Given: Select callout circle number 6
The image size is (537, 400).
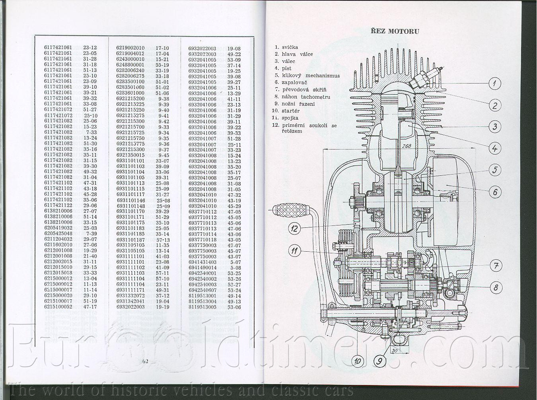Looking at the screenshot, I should point(495,192).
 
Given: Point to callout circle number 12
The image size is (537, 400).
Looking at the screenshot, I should point(295,228).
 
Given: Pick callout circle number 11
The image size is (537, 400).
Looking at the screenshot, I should point(295,251).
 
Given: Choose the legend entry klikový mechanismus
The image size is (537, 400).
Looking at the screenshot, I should point(311,76).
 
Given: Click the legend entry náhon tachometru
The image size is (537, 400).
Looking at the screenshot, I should point(306,97).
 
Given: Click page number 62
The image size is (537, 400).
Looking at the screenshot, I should point(144,361).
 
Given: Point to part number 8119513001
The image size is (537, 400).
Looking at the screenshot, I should point(202,296).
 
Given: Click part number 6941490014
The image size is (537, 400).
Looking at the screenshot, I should point(202,268).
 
